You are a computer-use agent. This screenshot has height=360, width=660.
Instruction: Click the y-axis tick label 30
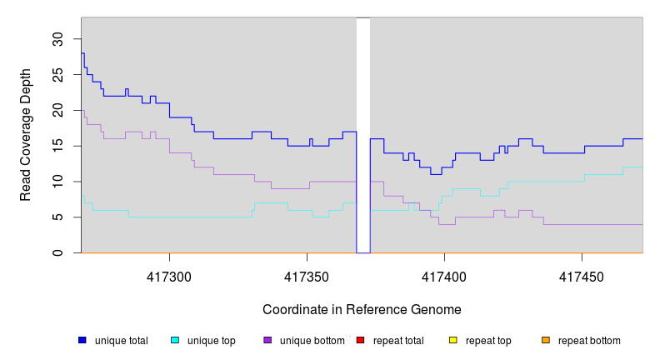pos(57,39)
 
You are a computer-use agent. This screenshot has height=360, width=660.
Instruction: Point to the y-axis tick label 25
pos(57,75)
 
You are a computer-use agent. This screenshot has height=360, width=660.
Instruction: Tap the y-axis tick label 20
pos(57,110)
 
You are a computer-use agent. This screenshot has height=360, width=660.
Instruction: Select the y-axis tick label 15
pos(57,146)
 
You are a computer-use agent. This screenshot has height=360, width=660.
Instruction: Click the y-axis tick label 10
pos(57,182)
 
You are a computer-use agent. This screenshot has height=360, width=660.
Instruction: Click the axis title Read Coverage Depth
pos(26,135)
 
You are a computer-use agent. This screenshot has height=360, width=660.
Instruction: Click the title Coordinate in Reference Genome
pos(362,309)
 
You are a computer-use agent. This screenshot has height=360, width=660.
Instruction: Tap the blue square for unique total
pos(82,340)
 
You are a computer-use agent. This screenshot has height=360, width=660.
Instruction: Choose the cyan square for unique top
pos(175,340)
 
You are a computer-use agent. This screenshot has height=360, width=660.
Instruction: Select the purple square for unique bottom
pos(267,340)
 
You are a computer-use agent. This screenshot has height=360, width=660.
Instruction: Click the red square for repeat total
pos(360,340)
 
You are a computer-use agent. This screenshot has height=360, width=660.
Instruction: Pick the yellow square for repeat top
pos(453,340)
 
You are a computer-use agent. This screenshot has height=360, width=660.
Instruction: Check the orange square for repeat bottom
pos(546,340)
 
